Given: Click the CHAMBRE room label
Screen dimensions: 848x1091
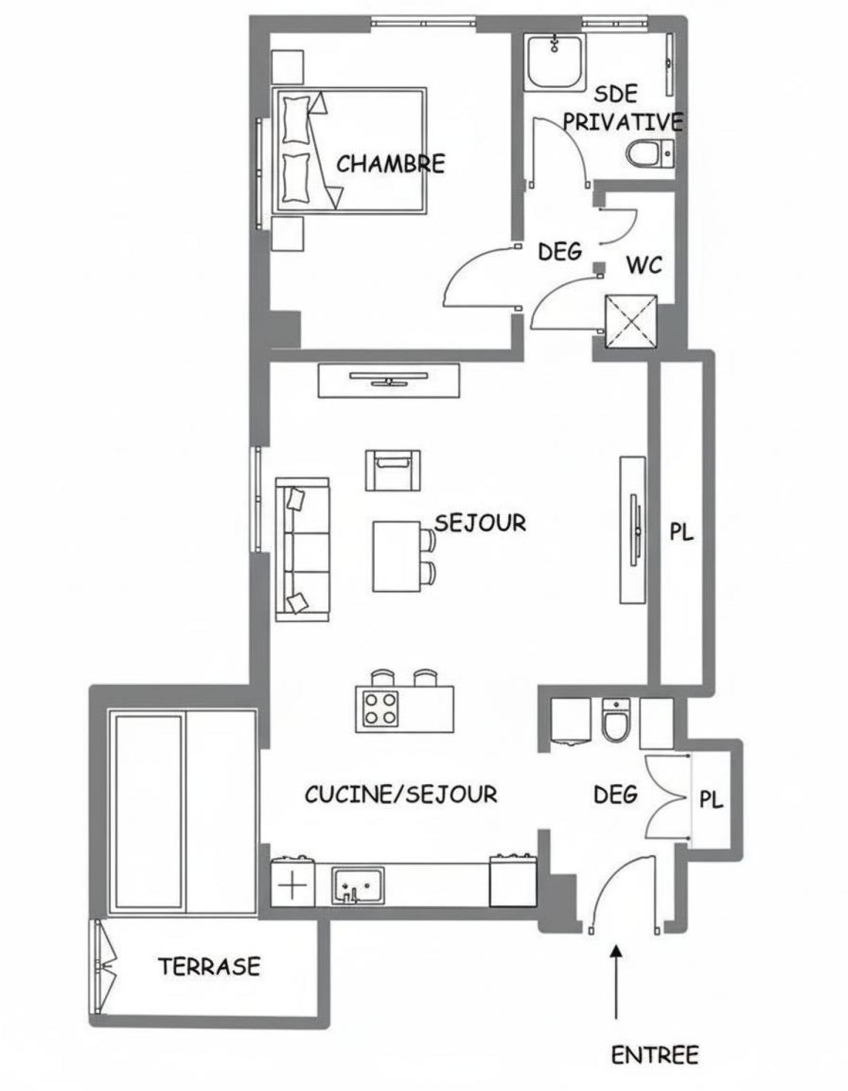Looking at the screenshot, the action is click(391, 164).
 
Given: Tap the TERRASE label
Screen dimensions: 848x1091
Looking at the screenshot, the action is click(209, 967).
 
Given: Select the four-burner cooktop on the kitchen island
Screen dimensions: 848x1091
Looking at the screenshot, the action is click(380, 709).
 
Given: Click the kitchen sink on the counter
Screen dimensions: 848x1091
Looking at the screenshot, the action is click(358, 885).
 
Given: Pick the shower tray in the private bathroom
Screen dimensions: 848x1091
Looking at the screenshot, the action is click(554, 63).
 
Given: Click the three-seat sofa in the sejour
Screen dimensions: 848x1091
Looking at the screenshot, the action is click(302, 549).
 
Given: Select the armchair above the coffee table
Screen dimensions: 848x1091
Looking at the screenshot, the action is click(393, 470).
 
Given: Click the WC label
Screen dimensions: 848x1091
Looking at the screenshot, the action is click(644, 265).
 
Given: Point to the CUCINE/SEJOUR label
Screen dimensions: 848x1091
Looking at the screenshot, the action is click(401, 794).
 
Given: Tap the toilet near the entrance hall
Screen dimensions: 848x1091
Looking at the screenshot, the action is click(616, 721).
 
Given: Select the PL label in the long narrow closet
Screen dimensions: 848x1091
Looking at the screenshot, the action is click(681, 532).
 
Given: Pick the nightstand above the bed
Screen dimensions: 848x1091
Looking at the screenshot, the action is click(287, 66).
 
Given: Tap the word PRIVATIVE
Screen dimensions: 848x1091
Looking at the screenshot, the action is click(623, 122).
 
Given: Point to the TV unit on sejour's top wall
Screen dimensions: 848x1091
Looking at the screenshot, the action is click(389, 381).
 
